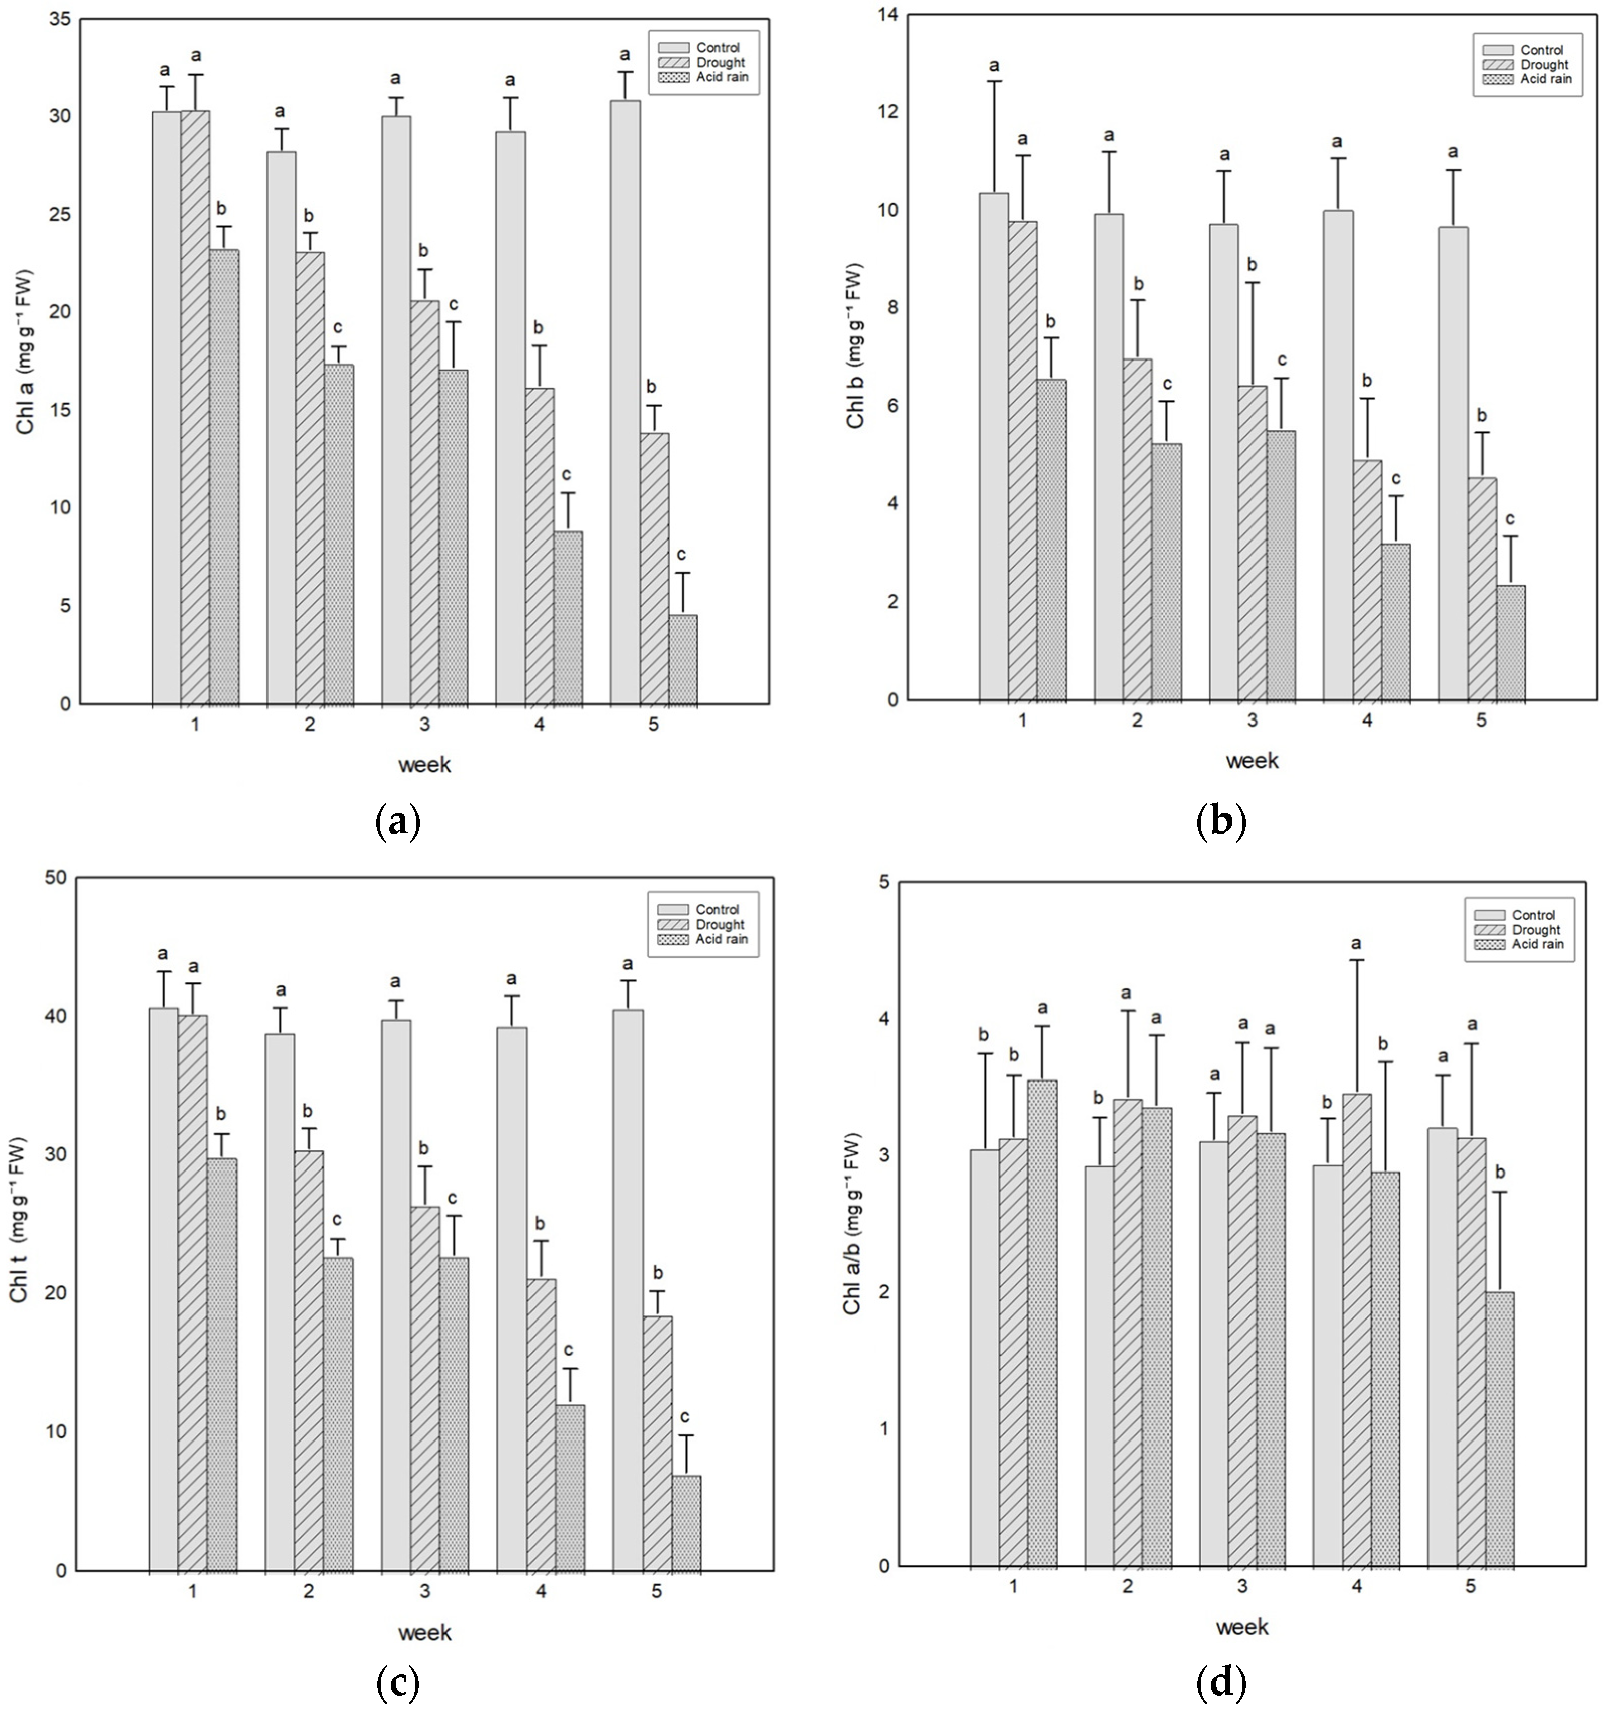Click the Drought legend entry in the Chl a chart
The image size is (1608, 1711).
[720, 62]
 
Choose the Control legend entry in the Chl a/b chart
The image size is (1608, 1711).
[1533, 915]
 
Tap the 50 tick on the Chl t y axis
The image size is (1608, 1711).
[55, 878]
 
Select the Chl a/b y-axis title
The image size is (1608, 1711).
[852, 1222]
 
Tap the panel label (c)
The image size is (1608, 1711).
[399, 1682]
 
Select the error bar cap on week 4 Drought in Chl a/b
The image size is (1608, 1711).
[1357, 960]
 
